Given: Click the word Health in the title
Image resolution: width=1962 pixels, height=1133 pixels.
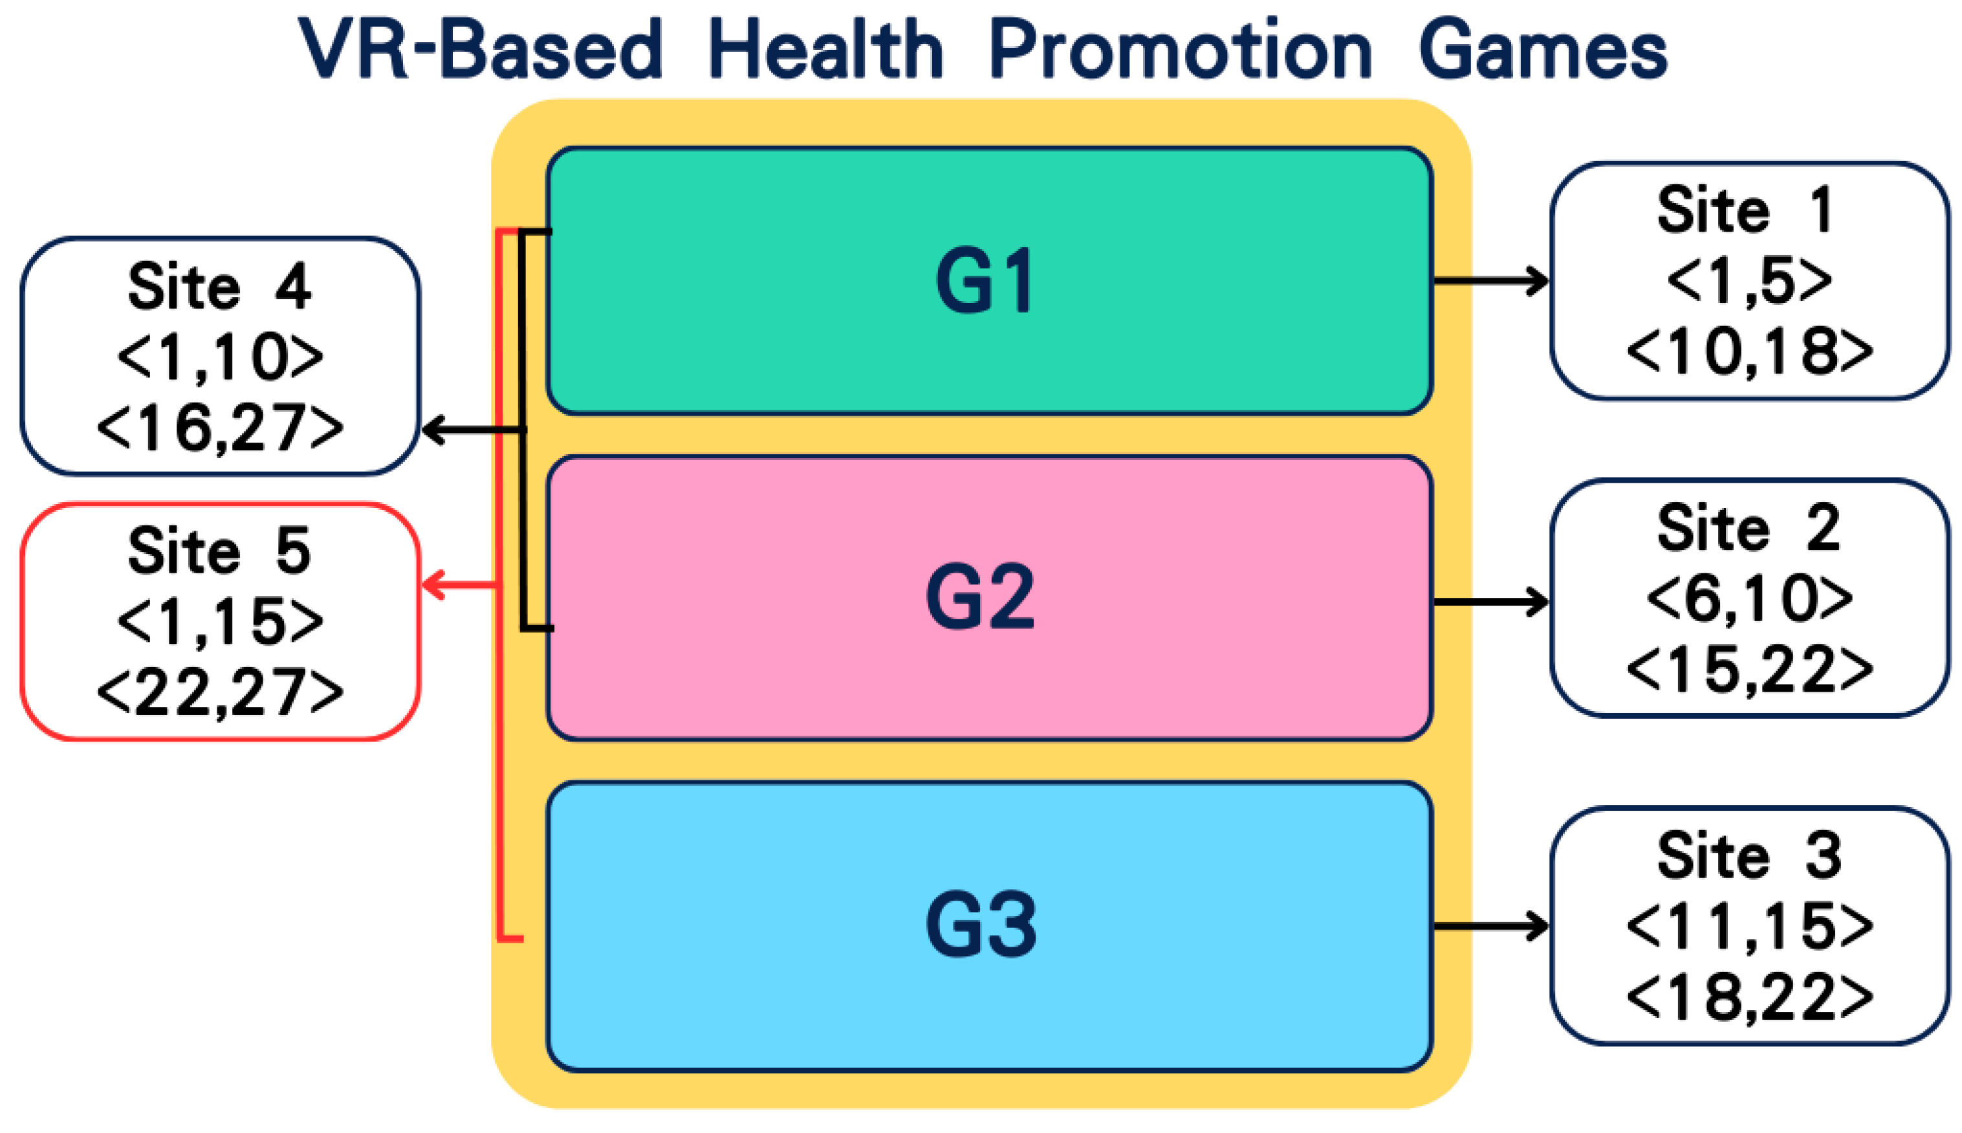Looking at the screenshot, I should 825,50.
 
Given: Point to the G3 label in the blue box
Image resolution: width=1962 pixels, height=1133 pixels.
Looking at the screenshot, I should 980,925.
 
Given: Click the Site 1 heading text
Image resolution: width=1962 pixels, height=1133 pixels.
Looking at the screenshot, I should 1747,210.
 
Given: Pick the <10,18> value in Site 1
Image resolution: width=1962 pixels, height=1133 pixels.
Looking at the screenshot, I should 1750,352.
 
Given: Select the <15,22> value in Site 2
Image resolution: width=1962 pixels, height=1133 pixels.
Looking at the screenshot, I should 1750,669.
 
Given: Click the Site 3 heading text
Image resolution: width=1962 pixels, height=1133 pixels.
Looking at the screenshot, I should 1749,856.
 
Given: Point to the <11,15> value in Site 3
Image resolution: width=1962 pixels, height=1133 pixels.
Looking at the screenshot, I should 1750,927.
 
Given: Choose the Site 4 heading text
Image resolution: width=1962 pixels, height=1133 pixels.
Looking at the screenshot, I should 219,287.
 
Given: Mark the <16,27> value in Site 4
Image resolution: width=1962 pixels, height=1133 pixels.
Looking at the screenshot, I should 220,428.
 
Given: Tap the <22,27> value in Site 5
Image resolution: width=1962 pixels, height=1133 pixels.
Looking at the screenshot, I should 220,692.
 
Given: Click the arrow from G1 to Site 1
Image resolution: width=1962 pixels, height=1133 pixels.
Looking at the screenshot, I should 1490,281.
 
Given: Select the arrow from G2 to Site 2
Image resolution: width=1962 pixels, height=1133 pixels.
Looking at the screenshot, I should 1490,602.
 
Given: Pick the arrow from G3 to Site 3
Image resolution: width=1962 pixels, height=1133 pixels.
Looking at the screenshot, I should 1490,926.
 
